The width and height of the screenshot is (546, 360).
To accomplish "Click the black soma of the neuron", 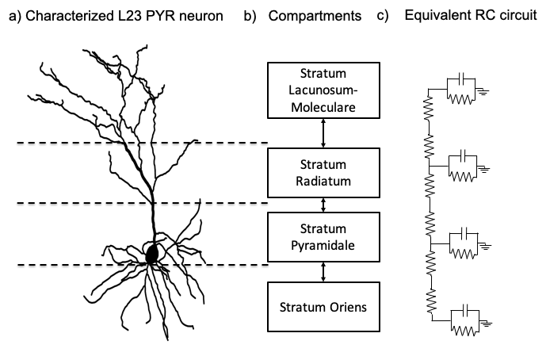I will coord(151,253).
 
